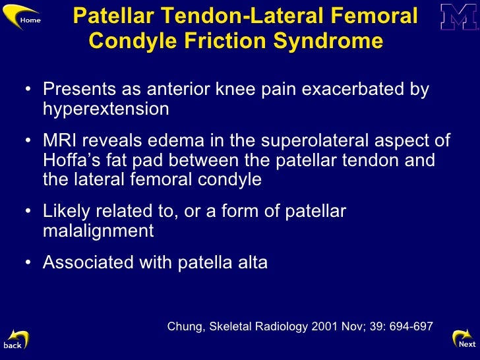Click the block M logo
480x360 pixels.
[x=459, y=17]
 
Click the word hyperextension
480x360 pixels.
[x=106, y=108]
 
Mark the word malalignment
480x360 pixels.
[x=98, y=230]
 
